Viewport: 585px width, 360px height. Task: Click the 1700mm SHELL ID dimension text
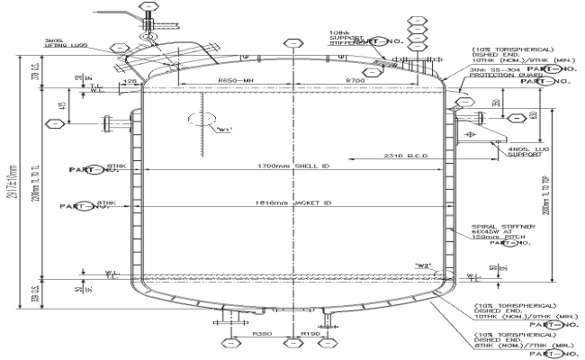click(293, 166)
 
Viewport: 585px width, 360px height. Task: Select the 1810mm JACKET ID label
click(293, 203)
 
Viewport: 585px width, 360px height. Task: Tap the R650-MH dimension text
click(236, 82)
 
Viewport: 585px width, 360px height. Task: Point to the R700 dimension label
click(358, 82)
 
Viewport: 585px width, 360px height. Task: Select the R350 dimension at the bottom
click(262, 333)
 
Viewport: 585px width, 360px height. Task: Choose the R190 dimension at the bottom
click(310, 333)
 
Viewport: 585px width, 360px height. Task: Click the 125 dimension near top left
click(130, 82)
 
